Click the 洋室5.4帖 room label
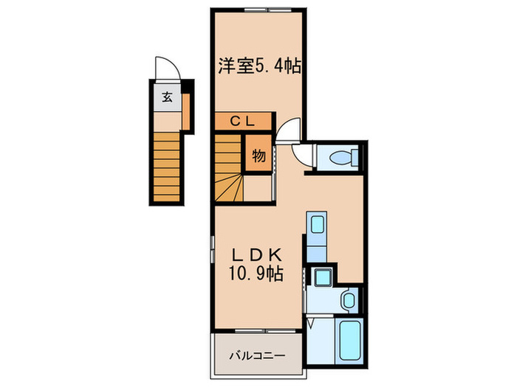point(258,66)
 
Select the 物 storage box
point(258,156)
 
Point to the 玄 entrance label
point(167,96)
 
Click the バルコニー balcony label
point(256,355)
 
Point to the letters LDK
point(256,254)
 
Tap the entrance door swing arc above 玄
point(164,70)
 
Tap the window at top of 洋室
point(258,9)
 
